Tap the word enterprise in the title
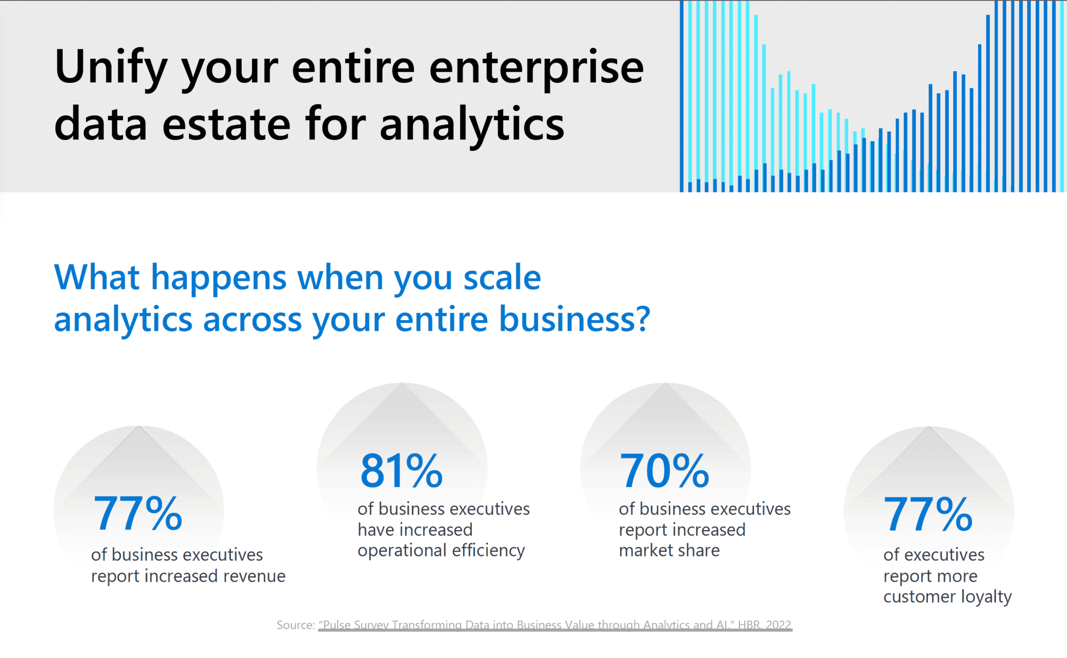coord(536,69)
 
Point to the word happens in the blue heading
coord(218,277)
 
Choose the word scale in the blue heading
coord(502,277)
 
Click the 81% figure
coord(401,471)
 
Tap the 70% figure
coord(664,471)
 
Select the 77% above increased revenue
coord(138,514)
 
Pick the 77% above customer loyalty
coord(928,514)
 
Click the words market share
coord(669,551)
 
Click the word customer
coord(914,597)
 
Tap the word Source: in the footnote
coord(295,625)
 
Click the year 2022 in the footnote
coord(778,625)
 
